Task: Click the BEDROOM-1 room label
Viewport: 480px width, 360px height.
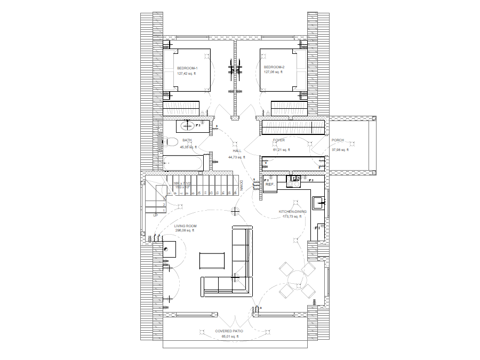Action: [x=187, y=68]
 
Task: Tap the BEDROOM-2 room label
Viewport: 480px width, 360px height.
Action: [x=274, y=67]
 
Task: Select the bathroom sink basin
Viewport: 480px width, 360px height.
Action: [x=187, y=126]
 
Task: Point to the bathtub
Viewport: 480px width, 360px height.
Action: [x=182, y=163]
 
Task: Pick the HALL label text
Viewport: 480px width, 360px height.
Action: [x=237, y=151]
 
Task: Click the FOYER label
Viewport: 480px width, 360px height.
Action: [x=279, y=140]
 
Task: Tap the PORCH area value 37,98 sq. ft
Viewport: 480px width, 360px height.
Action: [x=340, y=150]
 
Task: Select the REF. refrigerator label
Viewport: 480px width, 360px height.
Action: [x=270, y=184]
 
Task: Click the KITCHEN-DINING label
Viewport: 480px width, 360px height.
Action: [x=293, y=211]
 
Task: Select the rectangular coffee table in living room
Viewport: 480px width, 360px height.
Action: [x=213, y=261]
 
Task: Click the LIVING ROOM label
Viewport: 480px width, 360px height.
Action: [x=186, y=226]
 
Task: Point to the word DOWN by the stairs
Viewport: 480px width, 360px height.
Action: [x=241, y=185]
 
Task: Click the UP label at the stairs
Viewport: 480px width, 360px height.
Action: [x=155, y=215]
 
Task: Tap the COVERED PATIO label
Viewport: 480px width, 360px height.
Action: [x=229, y=331]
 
